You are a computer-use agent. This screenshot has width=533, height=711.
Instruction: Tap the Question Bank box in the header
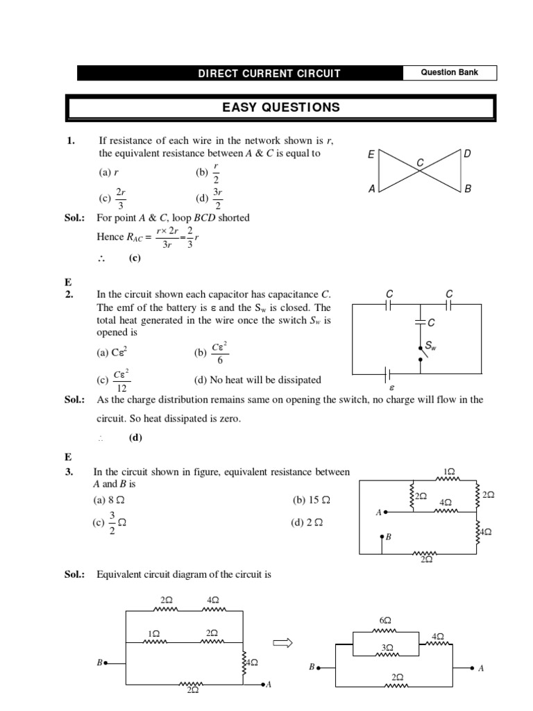pyautogui.click(x=450, y=72)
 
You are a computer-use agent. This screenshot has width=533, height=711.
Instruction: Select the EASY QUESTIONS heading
pyautogui.click(x=280, y=108)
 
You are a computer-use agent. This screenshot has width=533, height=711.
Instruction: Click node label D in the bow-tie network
pyautogui.click(x=467, y=153)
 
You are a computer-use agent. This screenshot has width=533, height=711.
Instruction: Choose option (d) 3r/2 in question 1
pyautogui.click(x=210, y=198)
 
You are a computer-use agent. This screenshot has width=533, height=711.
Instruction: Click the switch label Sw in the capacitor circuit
pyautogui.click(x=430, y=345)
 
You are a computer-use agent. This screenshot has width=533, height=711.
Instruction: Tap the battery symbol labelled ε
pyautogui.click(x=388, y=375)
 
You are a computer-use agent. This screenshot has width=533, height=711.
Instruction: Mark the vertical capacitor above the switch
pyautogui.click(x=419, y=322)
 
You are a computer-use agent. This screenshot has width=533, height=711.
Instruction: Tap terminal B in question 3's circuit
pyautogui.click(x=383, y=537)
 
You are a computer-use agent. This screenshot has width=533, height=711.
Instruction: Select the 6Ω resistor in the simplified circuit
pyautogui.click(x=385, y=626)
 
